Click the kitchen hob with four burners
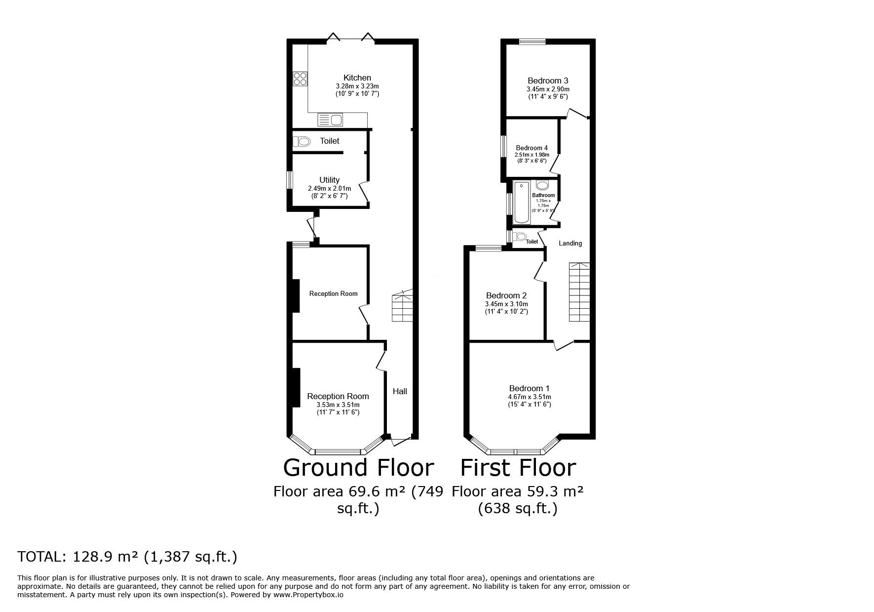click(x=300, y=80)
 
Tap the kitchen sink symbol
click(x=330, y=120)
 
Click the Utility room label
click(x=329, y=180)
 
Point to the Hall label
click(x=400, y=391)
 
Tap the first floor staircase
click(x=579, y=292)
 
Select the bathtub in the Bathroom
click(x=521, y=203)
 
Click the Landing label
click(x=570, y=243)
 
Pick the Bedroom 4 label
click(x=532, y=148)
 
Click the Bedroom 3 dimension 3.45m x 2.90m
click(x=548, y=89)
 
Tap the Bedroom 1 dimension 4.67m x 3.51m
click(x=530, y=397)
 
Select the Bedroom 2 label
click(x=506, y=296)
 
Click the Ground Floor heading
click(x=359, y=467)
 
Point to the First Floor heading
click(x=518, y=467)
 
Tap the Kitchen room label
click(x=357, y=78)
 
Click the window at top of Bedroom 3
click(x=532, y=41)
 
